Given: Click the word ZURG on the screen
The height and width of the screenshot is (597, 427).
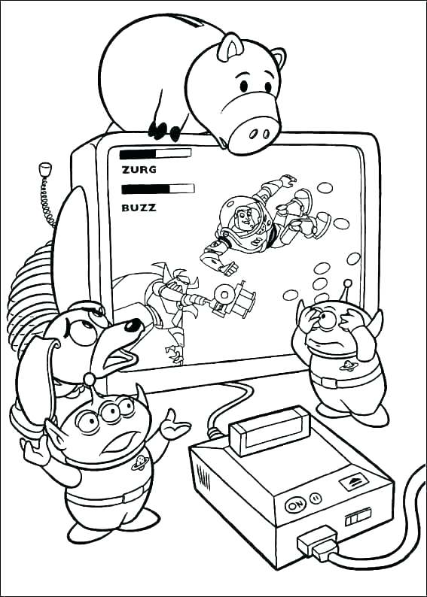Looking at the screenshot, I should (139, 169).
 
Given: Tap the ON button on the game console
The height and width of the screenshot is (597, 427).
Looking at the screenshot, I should (295, 504).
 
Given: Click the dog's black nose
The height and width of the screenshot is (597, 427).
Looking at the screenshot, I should (133, 326).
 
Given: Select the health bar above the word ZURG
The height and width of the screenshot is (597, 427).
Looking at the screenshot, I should (155, 153).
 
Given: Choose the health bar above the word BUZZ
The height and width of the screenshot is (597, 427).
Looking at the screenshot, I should (157, 189).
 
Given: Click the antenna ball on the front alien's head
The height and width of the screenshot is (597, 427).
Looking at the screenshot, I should (90, 377).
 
